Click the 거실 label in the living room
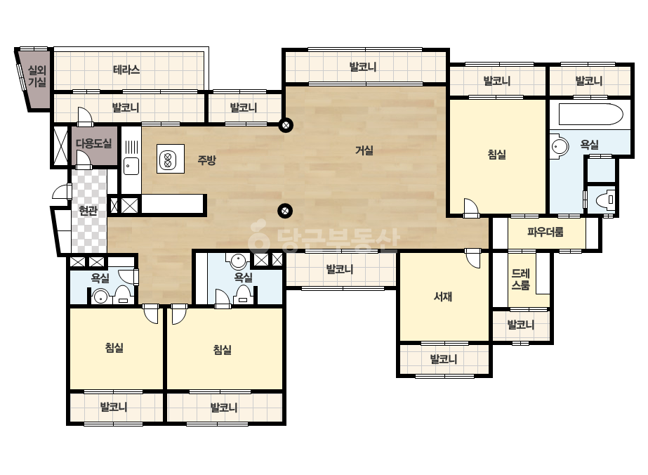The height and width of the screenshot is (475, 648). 364,150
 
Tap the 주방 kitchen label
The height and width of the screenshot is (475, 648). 206,160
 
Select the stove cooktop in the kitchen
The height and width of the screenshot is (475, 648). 171,159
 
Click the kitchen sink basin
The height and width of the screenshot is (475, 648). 131,166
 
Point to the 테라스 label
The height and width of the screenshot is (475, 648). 126,70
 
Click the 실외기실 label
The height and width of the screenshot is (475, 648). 37,76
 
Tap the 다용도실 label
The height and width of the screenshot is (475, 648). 94,143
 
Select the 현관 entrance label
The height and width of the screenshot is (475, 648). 88,211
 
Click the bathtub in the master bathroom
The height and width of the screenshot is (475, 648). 590,115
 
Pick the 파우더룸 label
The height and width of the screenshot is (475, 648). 545,232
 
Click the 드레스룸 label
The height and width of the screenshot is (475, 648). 521,279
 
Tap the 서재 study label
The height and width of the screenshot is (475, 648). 442,297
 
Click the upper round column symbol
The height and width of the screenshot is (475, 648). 286,125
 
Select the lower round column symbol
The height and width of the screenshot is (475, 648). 284,211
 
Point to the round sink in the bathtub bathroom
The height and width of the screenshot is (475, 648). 560,146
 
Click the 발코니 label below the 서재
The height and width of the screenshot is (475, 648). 444,359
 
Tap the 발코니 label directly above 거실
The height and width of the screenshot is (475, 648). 363,67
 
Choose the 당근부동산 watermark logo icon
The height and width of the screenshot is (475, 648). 258,237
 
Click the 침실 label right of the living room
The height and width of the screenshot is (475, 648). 497,155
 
